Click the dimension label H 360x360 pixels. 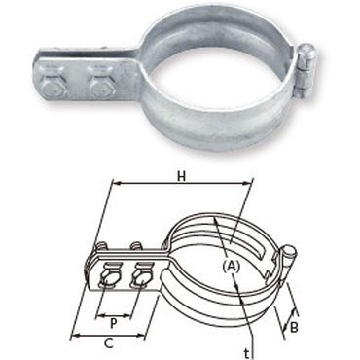182,177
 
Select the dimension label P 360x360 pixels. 114,323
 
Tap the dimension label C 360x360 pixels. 109,343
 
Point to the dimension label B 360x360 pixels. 294,328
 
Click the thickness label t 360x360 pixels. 247,354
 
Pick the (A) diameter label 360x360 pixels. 232,267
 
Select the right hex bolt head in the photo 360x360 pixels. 100,87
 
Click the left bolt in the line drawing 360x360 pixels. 110,276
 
